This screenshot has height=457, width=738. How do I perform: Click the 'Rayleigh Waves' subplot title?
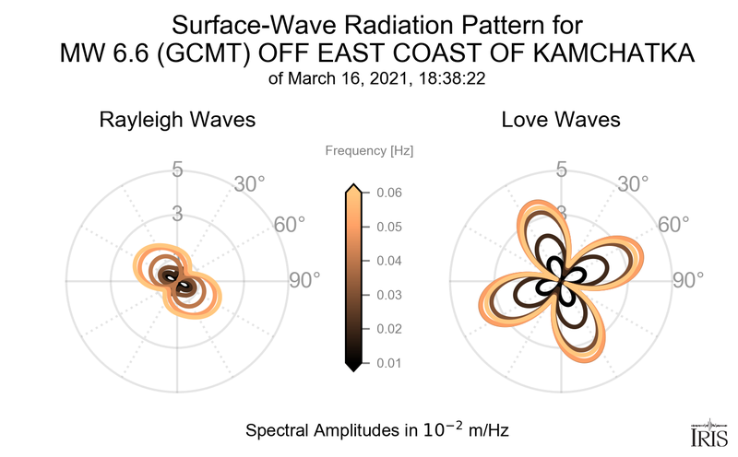[x=177, y=121]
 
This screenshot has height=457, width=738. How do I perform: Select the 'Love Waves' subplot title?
[x=561, y=121]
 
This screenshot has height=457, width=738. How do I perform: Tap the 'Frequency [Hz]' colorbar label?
[x=369, y=150]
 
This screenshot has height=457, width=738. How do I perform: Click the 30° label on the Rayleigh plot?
[x=248, y=184]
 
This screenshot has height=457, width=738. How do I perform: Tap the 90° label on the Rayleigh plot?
[x=305, y=280]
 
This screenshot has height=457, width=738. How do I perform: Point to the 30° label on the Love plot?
[x=632, y=184]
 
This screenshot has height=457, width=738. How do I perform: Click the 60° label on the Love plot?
[x=674, y=226]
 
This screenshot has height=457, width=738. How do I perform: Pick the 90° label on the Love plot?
[x=689, y=280]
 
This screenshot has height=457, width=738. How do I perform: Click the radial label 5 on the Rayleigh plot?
[x=177, y=170]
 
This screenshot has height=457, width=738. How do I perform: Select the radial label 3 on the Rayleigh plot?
[x=177, y=214]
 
